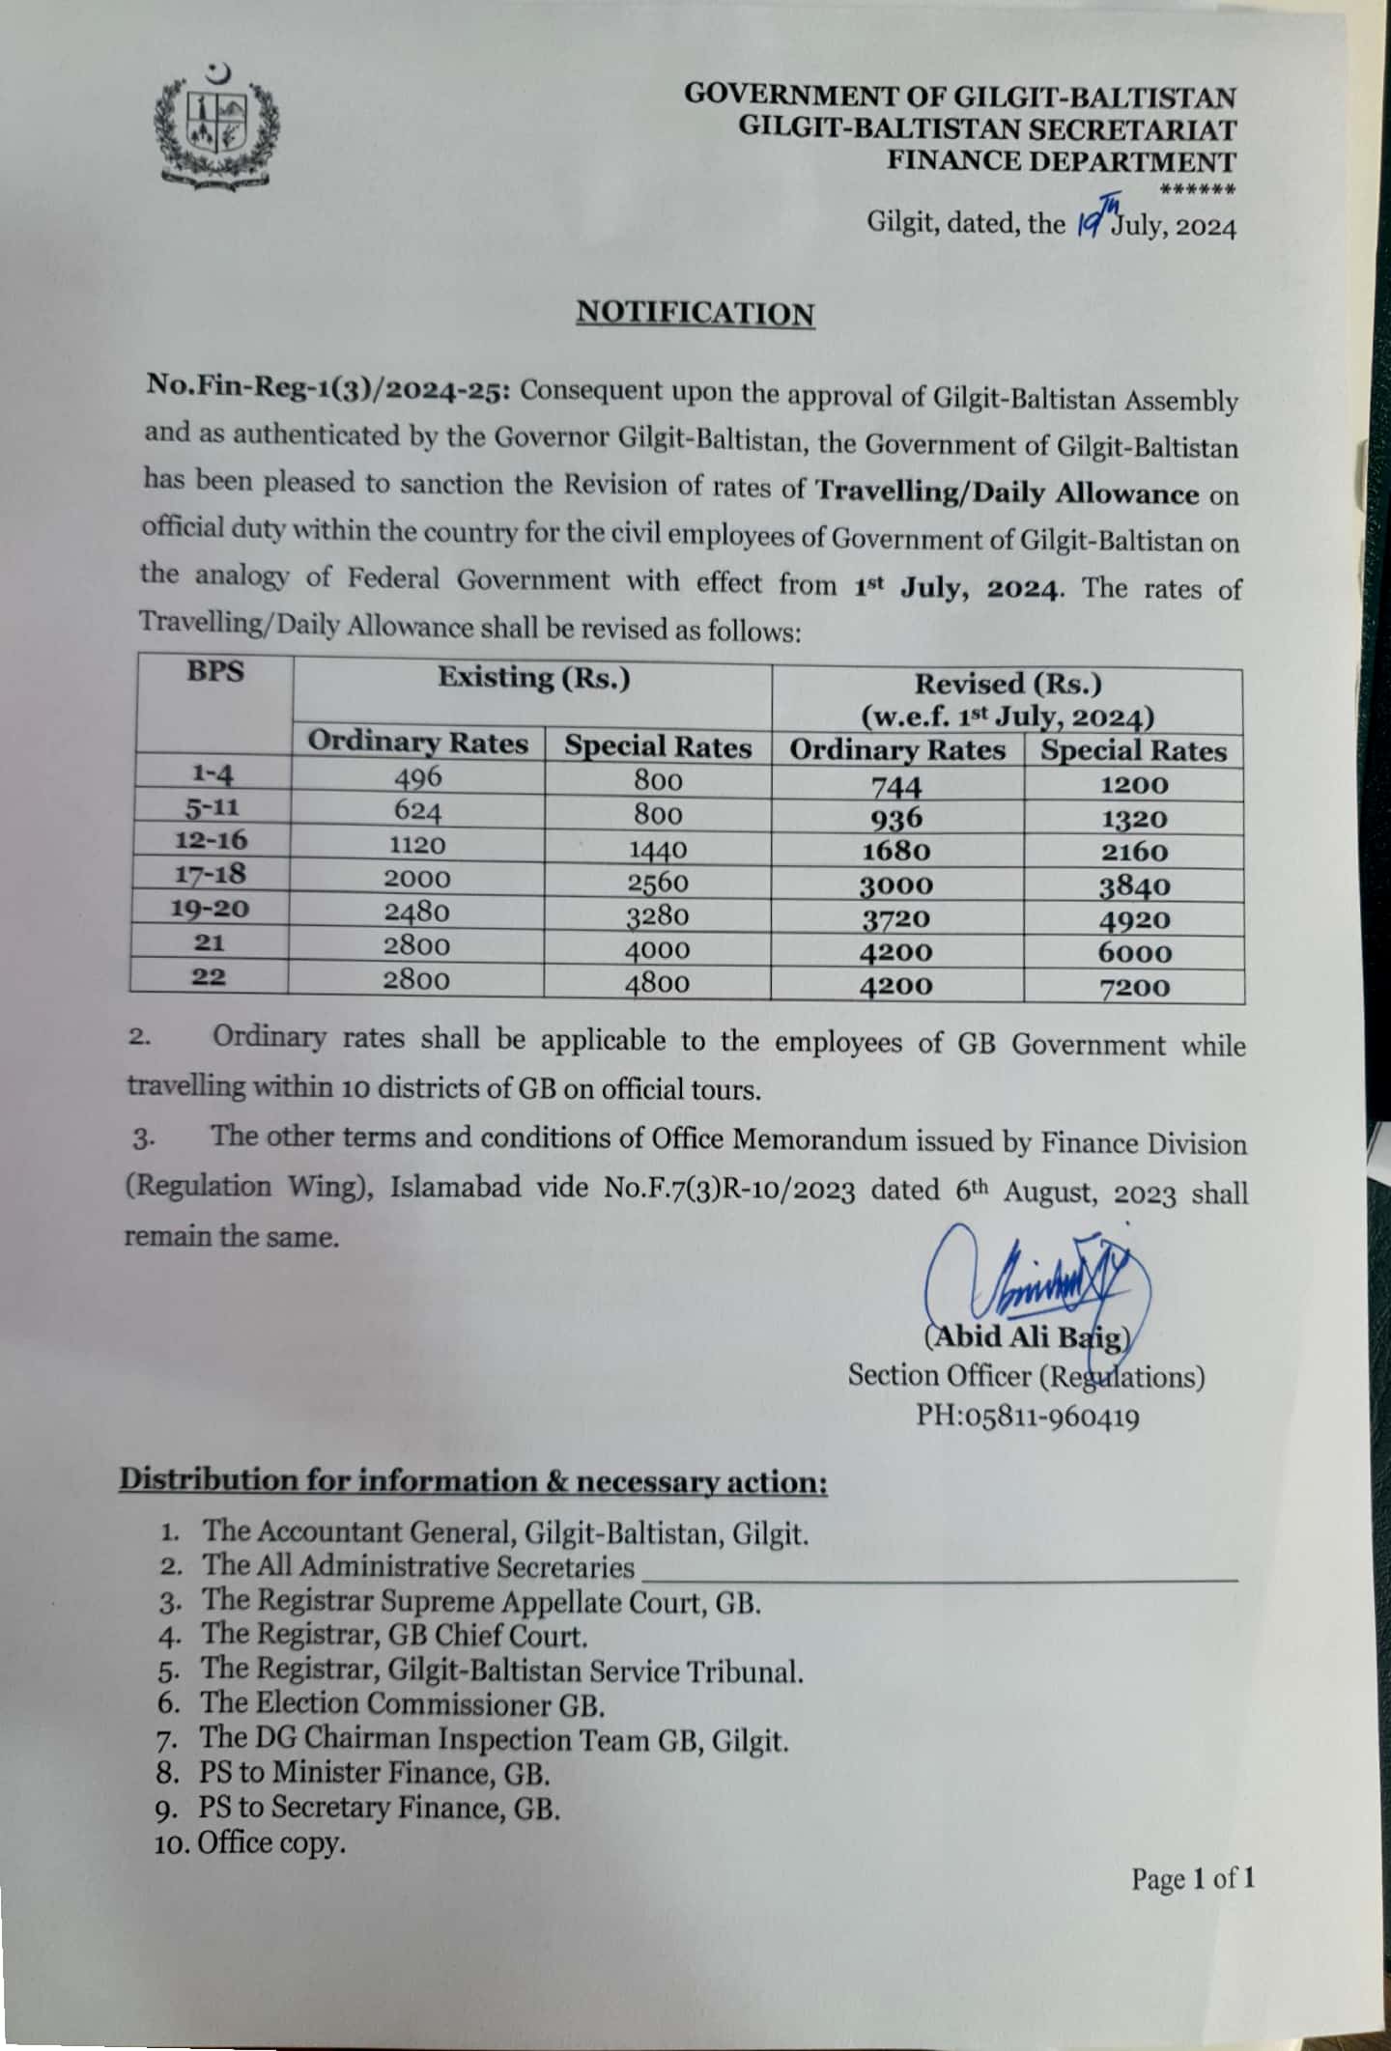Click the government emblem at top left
216,126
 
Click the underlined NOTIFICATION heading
695,314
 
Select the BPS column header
214,672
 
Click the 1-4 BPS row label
212,773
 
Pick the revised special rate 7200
1134,987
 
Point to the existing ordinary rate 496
418,776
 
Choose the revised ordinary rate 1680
896,852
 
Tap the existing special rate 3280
657,915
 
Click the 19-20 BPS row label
211,909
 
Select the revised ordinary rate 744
896,786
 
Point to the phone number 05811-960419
1045,1417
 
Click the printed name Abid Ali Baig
1026,1337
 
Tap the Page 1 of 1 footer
1193,1878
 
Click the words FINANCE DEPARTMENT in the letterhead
1061,161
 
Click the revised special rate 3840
1134,886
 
